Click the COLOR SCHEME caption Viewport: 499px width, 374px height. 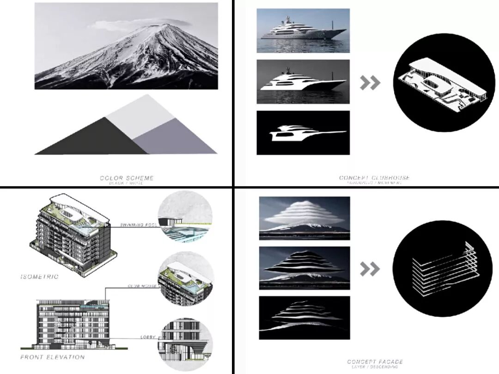[127, 178]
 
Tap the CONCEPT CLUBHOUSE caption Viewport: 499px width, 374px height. [374, 178]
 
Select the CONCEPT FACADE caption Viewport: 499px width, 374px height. [375, 362]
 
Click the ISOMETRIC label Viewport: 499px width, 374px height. [39, 277]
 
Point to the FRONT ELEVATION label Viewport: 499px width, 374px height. [53, 357]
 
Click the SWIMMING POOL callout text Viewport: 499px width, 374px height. [137, 225]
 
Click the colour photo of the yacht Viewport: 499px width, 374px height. [303, 30]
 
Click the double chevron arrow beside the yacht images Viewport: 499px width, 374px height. [370, 83]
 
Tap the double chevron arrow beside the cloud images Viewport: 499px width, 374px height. [370, 269]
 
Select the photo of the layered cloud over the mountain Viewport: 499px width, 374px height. [304, 217]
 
